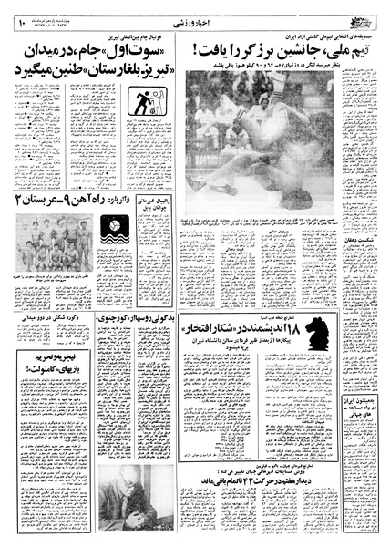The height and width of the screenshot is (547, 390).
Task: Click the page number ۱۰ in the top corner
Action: (18, 11)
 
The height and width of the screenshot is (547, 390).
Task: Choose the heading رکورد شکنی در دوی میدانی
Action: (50, 318)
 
